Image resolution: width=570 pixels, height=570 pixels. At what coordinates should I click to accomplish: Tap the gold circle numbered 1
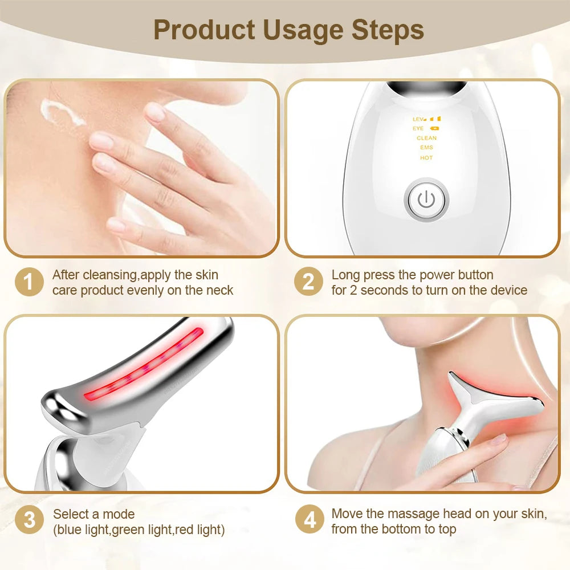[29, 283]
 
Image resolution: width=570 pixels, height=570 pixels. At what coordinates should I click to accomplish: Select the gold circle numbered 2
[308, 283]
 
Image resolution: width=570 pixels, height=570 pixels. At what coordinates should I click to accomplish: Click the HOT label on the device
[426, 158]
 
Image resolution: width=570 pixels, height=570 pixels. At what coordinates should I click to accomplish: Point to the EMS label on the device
[426, 148]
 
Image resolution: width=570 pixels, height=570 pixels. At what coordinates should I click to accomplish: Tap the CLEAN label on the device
[426, 138]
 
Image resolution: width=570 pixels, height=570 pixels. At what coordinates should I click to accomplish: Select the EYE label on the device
[418, 129]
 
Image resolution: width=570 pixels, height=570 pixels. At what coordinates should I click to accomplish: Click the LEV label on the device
[419, 119]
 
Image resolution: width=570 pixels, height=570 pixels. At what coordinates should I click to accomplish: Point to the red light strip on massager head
[145, 365]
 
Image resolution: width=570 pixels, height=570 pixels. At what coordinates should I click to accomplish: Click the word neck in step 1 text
[219, 290]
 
